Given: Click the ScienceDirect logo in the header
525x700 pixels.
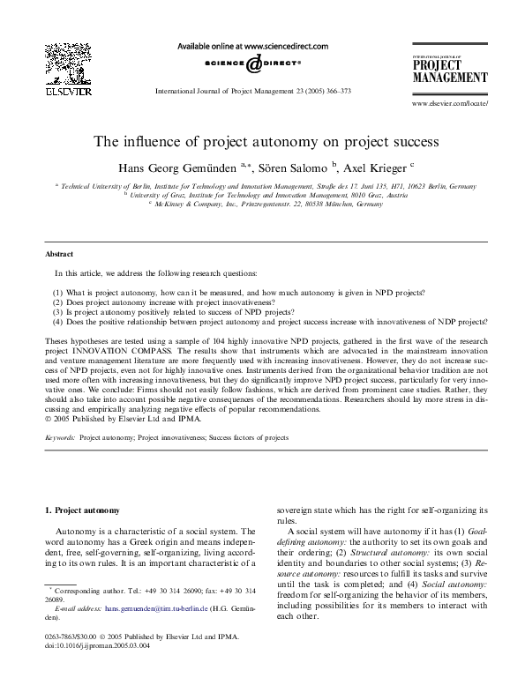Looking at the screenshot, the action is pos(253,63).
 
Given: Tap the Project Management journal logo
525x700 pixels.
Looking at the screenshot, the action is pos(449,68).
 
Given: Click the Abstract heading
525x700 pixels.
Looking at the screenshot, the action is pos(61,255).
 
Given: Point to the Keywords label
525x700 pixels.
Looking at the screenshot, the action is pos(59,436).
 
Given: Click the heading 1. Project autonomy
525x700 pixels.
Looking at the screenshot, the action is pos(88,510).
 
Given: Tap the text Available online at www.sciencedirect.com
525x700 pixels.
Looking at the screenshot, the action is pos(253,46).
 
